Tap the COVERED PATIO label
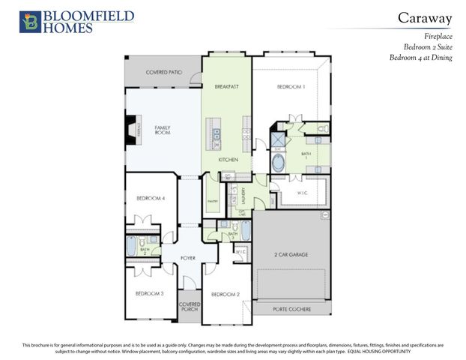163,72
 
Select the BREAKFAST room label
226,87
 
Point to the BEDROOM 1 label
291,87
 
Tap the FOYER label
187,258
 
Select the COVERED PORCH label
189,307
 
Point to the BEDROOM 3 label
151,293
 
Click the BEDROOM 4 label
151,198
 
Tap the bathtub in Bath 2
133,246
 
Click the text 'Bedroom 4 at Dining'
421,58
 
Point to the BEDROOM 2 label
225,294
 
